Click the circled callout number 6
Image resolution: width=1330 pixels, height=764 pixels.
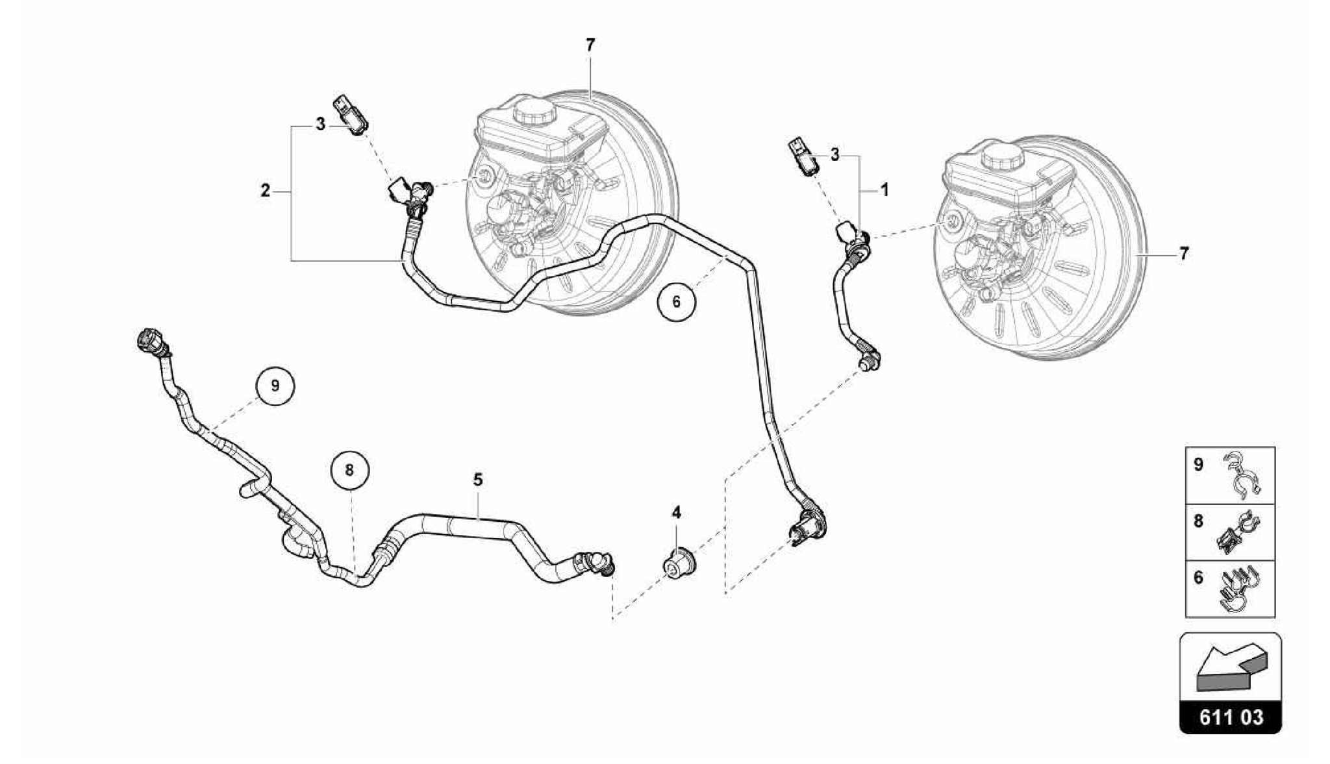(x=676, y=302)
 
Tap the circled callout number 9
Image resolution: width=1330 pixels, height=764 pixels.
(x=275, y=386)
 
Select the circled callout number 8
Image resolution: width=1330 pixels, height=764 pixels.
(x=349, y=470)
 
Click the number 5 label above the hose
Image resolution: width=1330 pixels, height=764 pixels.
(x=478, y=480)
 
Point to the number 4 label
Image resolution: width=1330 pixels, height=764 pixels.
(x=676, y=513)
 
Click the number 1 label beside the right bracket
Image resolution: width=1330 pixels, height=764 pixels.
(x=884, y=190)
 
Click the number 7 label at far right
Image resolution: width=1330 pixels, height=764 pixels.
(x=1184, y=254)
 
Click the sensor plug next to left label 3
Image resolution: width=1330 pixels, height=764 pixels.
(x=351, y=115)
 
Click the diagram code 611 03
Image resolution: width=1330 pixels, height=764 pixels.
(x=1230, y=717)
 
